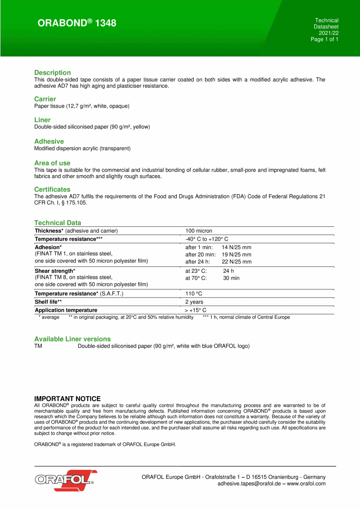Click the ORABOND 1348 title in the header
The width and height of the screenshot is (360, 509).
[x=77, y=23]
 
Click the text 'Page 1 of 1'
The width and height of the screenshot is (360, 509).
[x=324, y=39]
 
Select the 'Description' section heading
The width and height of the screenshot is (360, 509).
[x=52, y=72]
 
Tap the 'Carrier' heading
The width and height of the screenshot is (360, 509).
[x=45, y=99]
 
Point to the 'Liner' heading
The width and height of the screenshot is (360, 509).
[x=42, y=120]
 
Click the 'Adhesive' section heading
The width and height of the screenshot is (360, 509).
[x=49, y=141]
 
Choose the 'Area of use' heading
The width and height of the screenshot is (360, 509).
[x=52, y=163]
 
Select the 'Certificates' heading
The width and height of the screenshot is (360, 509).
[x=52, y=190]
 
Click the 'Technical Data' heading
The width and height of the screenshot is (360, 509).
[x=58, y=223]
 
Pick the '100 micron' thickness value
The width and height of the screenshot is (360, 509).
[x=199, y=231]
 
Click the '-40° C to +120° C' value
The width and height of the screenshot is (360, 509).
[x=207, y=239]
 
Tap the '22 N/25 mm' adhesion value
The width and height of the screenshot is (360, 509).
[x=237, y=262]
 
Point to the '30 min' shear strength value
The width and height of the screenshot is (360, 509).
[x=231, y=278]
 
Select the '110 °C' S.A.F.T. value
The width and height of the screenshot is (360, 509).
[x=194, y=294]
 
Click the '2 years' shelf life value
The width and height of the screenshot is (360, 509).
[x=194, y=302]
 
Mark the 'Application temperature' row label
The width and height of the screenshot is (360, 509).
[x=66, y=310]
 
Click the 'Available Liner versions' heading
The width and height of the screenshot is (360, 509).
[x=72, y=339]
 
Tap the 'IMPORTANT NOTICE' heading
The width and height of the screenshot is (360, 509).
[x=67, y=399]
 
